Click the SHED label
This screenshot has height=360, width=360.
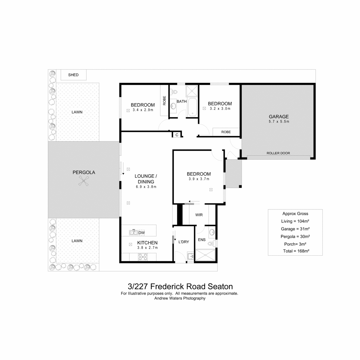pyautogui.click(x=73, y=75)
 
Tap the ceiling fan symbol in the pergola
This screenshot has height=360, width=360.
pyautogui.click(x=83, y=181)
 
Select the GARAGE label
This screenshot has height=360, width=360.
pyautogui.click(x=278, y=117)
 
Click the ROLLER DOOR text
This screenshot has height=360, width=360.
pyautogui.click(x=278, y=153)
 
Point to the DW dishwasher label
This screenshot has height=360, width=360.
pyautogui.click(x=142, y=233)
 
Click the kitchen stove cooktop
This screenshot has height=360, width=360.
pyautogui.click(x=143, y=257)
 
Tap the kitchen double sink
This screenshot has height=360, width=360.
pyautogui.click(x=133, y=232)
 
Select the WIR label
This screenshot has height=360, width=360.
pyautogui.click(x=199, y=215)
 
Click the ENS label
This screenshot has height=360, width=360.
pyautogui.click(x=202, y=240)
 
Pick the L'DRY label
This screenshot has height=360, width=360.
pyautogui.click(x=184, y=242)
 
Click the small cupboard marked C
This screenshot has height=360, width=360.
pyautogui.click(x=177, y=135)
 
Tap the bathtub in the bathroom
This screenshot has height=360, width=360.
pyautogui.click(x=192, y=107)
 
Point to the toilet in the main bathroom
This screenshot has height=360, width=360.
pyautogui.click(x=174, y=92)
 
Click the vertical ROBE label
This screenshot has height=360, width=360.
pyautogui.click(x=164, y=100)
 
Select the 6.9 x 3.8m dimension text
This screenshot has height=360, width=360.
pyautogui.click(x=146, y=187)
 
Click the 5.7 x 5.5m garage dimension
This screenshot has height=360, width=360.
pyautogui.click(x=279, y=121)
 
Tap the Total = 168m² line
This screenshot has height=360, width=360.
pyautogui.click(x=296, y=251)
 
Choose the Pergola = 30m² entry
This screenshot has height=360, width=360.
pyautogui.click(x=295, y=236)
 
